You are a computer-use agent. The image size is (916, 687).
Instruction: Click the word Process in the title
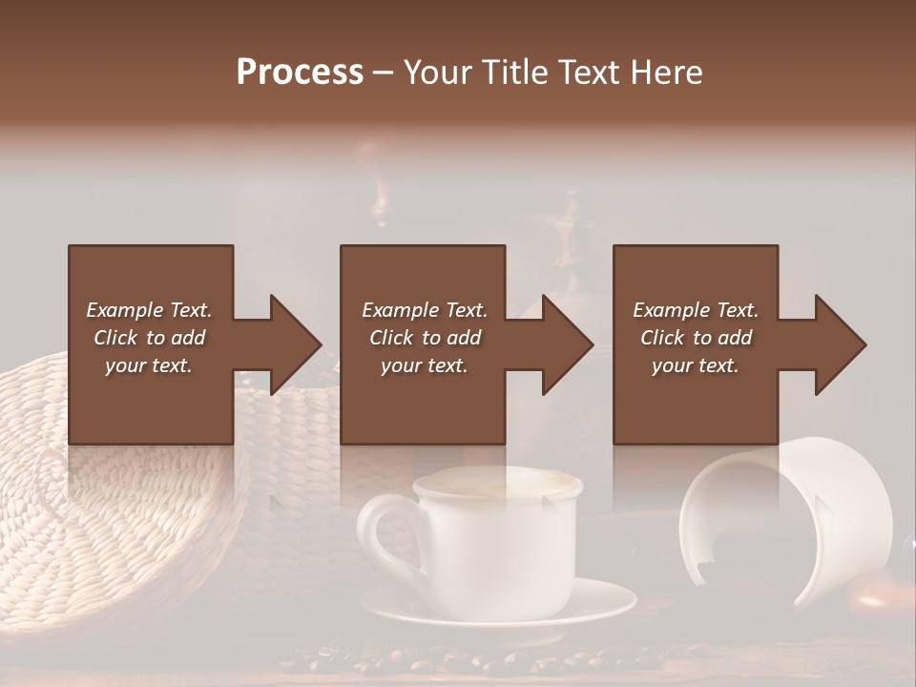[300, 72]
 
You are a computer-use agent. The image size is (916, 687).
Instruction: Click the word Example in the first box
[125, 310]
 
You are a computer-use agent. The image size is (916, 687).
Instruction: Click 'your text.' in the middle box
[424, 365]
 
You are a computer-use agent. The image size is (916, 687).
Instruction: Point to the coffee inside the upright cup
[496, 485]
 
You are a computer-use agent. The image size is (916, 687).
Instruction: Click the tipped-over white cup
[792, 515]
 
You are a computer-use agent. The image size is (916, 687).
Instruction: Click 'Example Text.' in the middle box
[424, 310]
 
